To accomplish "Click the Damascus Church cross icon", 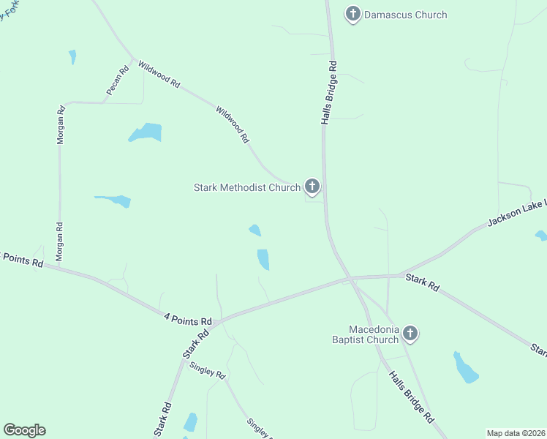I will (353, 13).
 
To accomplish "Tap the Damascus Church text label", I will (405, 15).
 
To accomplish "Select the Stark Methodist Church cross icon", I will (312, 187).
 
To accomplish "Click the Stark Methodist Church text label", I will (246, 188).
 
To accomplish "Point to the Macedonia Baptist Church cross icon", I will (410, 334).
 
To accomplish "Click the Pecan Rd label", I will (117, 80).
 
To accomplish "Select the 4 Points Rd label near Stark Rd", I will (188, 319).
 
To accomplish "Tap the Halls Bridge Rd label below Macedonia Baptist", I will (411, 397).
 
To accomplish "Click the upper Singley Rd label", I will (208, 369).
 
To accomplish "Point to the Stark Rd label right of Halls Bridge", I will (422, 283).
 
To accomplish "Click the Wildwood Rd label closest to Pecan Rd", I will (159, 75).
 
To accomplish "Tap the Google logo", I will (24, 430).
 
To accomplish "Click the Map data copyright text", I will (516, 433).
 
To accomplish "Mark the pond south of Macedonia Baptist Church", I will (464, 368).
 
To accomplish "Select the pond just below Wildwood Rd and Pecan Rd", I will (146, 132).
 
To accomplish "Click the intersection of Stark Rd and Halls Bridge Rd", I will (349, 278).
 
